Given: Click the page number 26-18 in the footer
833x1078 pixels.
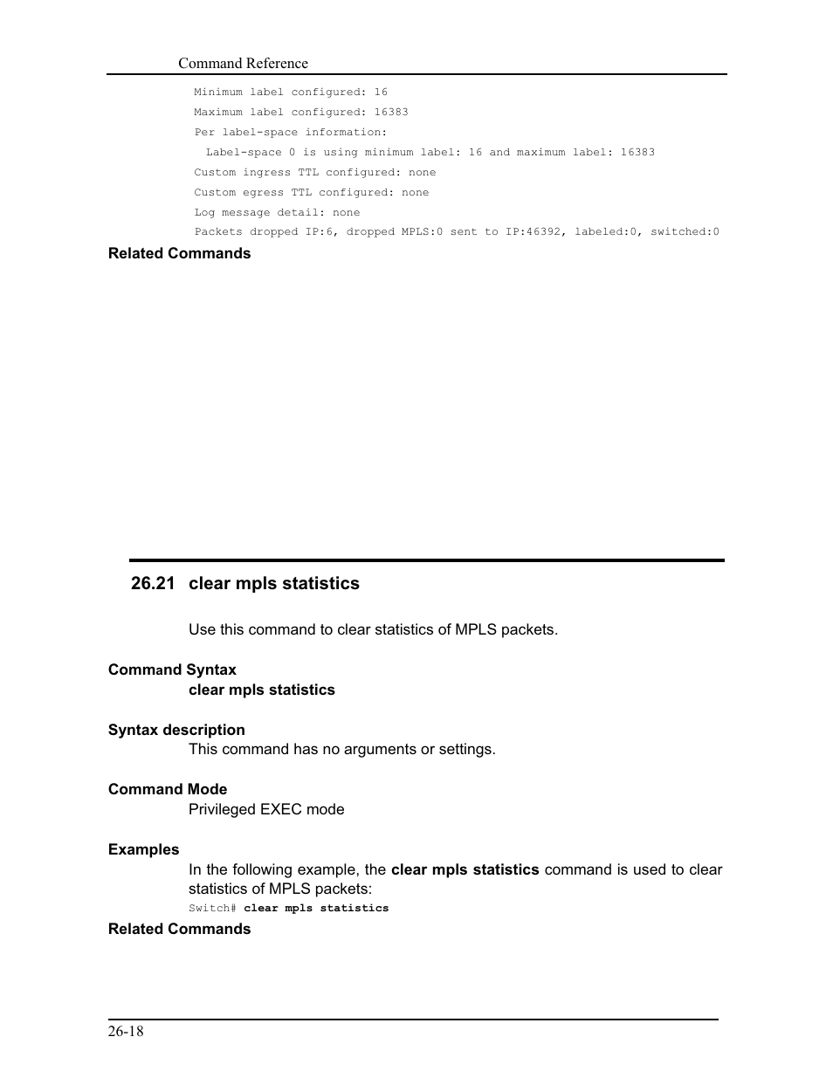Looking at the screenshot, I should [126, 1032].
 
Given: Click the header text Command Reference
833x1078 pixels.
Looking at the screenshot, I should [243, 63].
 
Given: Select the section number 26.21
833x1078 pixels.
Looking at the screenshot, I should [154, 583].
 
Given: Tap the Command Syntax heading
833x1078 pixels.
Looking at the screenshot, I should [172, 669].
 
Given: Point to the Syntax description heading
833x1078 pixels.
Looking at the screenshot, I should [176, 730].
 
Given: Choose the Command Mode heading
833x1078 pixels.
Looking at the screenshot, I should [168, 789].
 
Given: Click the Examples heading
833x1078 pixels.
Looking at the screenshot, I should [143, 849].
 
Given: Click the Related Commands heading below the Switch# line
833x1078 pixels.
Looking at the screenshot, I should [179, 929].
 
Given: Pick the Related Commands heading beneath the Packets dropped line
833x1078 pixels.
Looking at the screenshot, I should [179, 253].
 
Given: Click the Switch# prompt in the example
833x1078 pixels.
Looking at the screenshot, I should [212, 909].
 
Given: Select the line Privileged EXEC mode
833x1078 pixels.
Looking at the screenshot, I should [266, 809].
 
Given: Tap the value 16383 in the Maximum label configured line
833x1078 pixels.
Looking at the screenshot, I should [391, 112].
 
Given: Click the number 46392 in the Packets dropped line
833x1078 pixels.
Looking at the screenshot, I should [547, 232].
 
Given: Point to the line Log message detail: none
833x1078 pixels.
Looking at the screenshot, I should [277, 212].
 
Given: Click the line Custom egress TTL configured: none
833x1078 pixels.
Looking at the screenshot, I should [312, 192].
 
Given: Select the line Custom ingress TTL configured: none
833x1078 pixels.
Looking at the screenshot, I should [315, 172].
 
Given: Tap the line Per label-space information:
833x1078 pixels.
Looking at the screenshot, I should [291, 132].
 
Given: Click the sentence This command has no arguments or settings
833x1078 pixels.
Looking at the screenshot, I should [342, 749].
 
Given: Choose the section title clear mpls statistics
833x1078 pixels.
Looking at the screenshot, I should [273, 583].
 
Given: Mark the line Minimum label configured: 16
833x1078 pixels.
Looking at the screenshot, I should [291, 92].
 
